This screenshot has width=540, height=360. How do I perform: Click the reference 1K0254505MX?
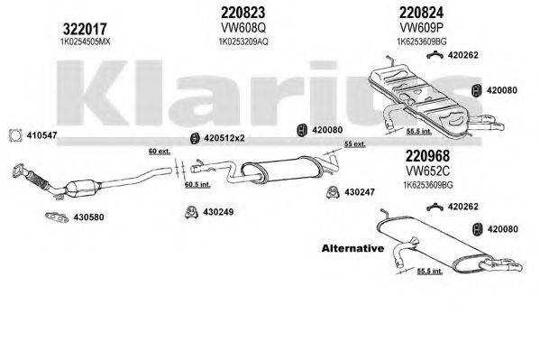34,42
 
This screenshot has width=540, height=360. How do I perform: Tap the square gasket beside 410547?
14,136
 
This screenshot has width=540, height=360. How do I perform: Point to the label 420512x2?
226,138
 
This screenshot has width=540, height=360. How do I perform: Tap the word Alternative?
352,247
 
